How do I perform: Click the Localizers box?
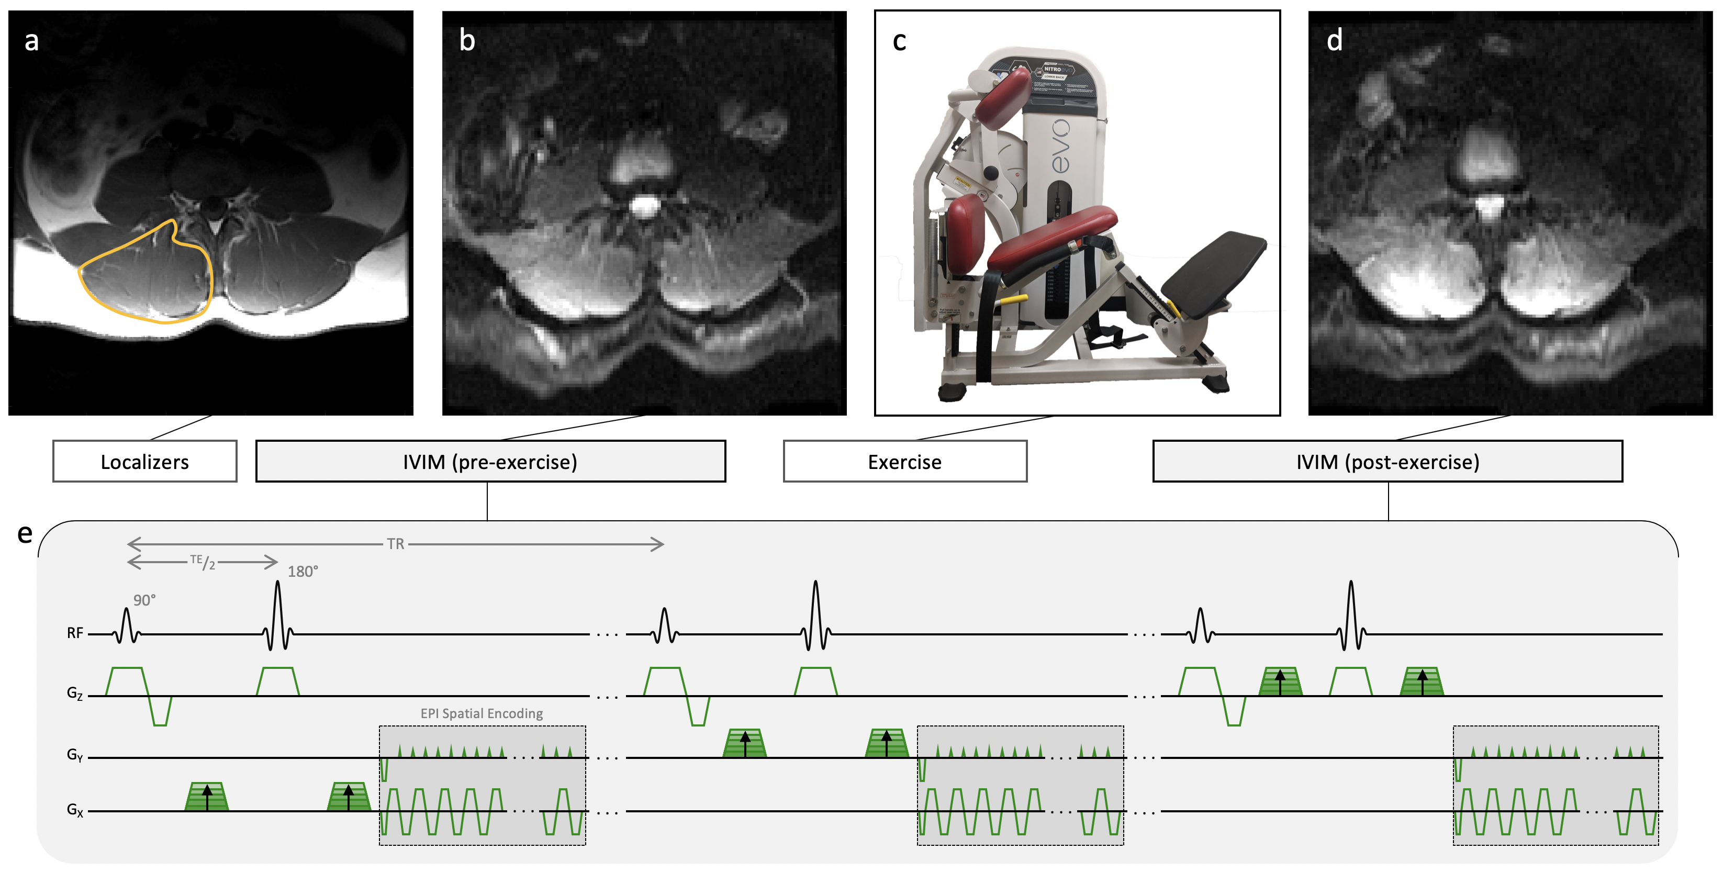(144, 462)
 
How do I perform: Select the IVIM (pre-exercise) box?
(490, 462)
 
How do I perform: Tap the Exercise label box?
(904, 462)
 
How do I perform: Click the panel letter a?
(31, 41)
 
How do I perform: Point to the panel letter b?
(467, 41)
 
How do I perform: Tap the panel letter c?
(900, 41)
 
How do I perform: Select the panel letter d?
(1335, 41)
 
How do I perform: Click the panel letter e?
(25, 534)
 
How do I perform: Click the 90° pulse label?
(144, 600)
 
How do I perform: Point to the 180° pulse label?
(303, 571)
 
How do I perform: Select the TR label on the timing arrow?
(395, 544)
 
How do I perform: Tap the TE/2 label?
(203, 562)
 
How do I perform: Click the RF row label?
(75, 633)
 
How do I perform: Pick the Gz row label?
(75, 693)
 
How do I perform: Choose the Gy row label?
(75, 755)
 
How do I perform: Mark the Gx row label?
(75, 810)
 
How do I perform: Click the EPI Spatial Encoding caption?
(482, 713)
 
